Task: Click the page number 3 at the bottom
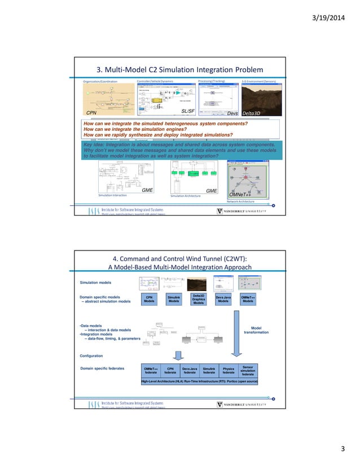(342, 449)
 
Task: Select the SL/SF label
(188, 112)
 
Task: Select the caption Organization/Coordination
(100, 82)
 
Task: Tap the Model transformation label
(256, 329)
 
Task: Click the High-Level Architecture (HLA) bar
(200, 382)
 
